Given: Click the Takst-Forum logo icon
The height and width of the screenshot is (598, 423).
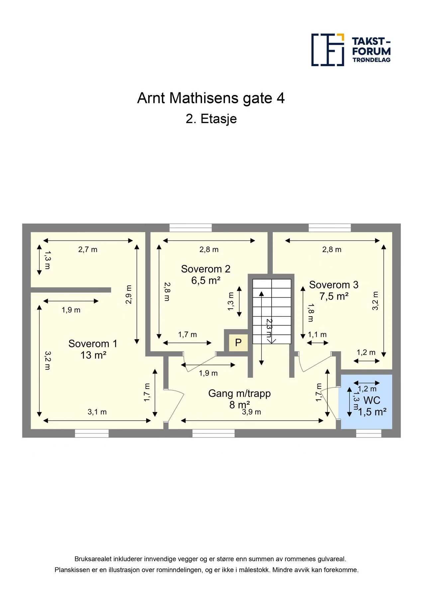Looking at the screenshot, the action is coord(328,50).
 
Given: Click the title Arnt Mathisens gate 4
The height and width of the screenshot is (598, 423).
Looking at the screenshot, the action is coord(211,98).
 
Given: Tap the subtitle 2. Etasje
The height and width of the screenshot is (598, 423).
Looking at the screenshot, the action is coord(211,119).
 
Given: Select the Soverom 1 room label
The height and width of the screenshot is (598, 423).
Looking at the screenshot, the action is coord(93,344).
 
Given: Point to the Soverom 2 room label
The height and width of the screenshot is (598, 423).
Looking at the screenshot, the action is coord(206,269).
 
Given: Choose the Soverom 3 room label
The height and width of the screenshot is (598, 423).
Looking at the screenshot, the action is coord(334,285).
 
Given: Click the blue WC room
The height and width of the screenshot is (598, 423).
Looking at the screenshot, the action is coord(367,402).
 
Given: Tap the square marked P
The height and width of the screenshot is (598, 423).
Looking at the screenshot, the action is coord(238,343).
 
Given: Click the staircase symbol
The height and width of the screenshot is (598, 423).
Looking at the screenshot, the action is coord(272,311).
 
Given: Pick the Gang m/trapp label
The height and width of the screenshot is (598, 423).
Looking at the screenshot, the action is coord(239,393).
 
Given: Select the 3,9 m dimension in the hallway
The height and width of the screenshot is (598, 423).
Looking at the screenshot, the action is coord(252,412).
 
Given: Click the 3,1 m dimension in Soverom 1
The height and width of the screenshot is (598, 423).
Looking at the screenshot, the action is coord(97,412).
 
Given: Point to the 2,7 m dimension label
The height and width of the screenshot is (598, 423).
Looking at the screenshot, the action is coord(88,249).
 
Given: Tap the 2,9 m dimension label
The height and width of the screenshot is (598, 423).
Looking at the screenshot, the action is coord(129,294).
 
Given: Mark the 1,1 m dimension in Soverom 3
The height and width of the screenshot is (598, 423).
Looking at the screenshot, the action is coord(317,335).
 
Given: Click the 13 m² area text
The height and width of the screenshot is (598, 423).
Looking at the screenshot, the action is coord(93,355).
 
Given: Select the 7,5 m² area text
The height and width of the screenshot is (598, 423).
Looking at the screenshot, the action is coord(334,296).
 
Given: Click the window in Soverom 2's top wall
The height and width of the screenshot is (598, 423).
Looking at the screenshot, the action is coord(191,228).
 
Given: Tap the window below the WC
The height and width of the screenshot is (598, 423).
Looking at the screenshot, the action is coord(369,433).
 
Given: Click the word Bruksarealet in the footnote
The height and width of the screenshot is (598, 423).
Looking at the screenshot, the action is coord(93,559).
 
